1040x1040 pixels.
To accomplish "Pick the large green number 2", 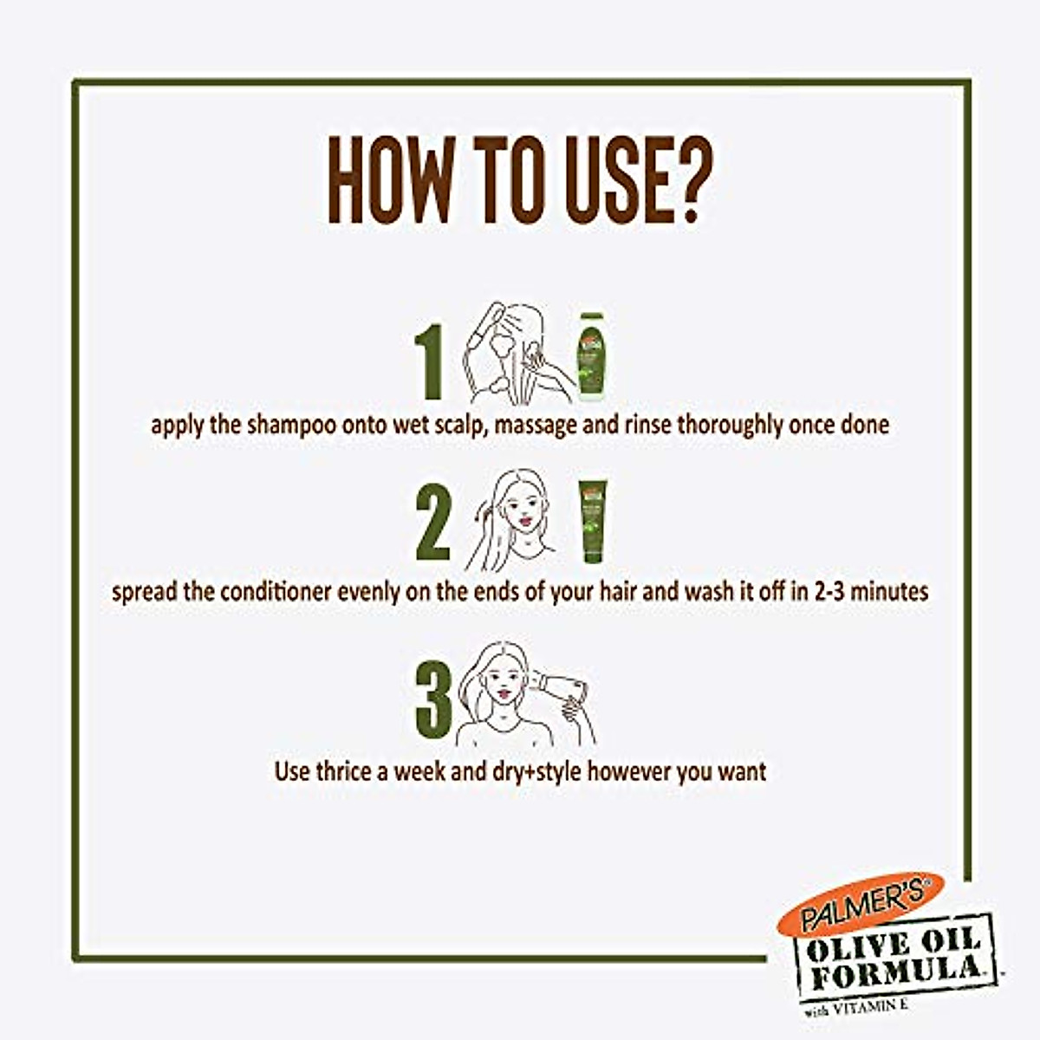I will pos(433,524).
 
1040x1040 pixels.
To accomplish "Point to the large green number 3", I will pos(433,698).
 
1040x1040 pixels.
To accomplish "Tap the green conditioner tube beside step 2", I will pos(594,522).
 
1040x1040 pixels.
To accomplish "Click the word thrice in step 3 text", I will pos(343,770).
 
